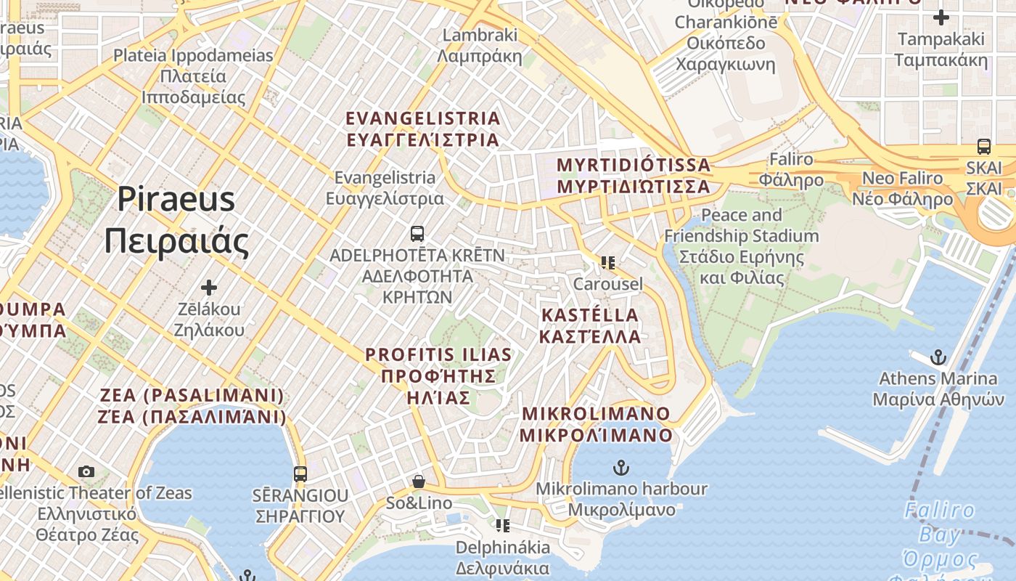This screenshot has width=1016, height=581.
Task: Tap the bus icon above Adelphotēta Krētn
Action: coord(417,234)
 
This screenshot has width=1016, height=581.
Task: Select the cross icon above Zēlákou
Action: coord(209,288)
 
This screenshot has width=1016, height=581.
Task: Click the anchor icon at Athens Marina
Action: coord(939,357)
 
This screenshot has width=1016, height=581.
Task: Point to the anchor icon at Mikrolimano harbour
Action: coord(621,467)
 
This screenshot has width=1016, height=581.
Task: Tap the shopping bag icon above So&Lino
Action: coord(419,482)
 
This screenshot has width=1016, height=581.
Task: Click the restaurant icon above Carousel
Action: coord(607,262)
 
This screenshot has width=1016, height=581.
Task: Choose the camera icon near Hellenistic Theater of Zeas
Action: coord(86,472)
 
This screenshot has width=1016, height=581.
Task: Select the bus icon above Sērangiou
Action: coord(300,474)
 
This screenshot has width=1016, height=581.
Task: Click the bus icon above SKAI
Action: coord(984,147)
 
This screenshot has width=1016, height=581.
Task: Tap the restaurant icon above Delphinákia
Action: coord(502,525)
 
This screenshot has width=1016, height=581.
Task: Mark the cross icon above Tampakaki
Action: coord(941,17)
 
